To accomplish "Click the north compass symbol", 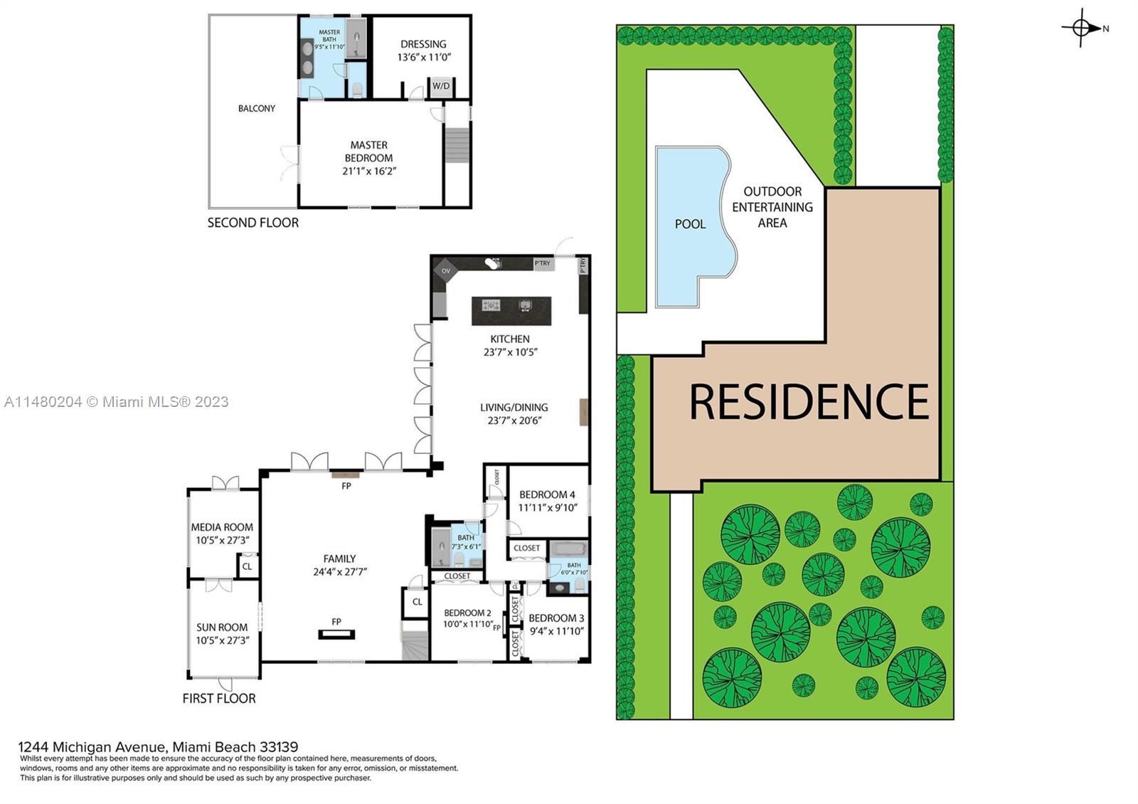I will pos(1081,28).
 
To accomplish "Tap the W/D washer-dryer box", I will pos(441,86).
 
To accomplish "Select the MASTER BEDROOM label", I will pos(369,157).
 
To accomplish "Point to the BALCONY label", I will pos(256,108).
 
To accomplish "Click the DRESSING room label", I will pos(423,50).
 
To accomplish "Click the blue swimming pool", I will pos(688,224).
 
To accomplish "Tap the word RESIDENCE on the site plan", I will pos(809,402).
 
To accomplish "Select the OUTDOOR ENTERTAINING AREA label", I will pos(772,207).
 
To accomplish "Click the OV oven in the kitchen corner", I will pos(446,270).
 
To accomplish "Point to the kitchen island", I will pos(511,310).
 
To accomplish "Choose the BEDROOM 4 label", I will pos(547,501).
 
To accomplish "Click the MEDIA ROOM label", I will pos(222,534).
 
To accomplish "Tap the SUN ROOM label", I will pos(222,633).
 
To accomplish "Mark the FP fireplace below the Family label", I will pos(336,633).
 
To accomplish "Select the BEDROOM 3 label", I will pos(556,624).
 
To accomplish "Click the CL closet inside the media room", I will pos(247,566).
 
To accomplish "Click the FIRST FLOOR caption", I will pos(218,699).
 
